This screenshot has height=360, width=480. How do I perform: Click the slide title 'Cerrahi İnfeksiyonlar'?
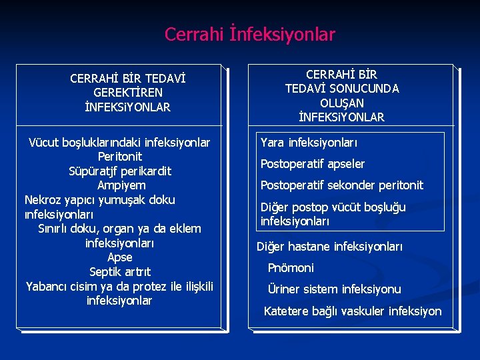click(250, 34)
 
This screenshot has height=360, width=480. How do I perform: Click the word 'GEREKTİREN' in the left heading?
click(128, 93)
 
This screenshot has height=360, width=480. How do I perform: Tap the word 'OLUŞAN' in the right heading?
click(341, 103)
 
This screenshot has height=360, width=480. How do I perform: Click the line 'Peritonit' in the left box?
click(119, 157)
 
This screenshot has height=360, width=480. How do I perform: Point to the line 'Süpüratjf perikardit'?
click(119, 171)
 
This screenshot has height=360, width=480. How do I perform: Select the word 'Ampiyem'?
click(121, 185)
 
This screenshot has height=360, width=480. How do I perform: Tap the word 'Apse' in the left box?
click(120, 257)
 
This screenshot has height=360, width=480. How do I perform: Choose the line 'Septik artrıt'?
click(120, 272)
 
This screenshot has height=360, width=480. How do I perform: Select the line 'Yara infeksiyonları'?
click(309, 143)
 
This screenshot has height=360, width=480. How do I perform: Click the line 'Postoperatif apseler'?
click(312, 164)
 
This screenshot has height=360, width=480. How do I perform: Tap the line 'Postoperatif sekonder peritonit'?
click(341, 185)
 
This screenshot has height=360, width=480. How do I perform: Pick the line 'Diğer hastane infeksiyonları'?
click(329, 247)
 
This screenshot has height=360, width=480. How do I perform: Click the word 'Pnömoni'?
click(290, 268)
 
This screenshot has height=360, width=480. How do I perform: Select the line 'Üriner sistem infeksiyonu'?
click(333, 289)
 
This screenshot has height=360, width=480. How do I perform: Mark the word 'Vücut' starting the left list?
click(43, 143)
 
